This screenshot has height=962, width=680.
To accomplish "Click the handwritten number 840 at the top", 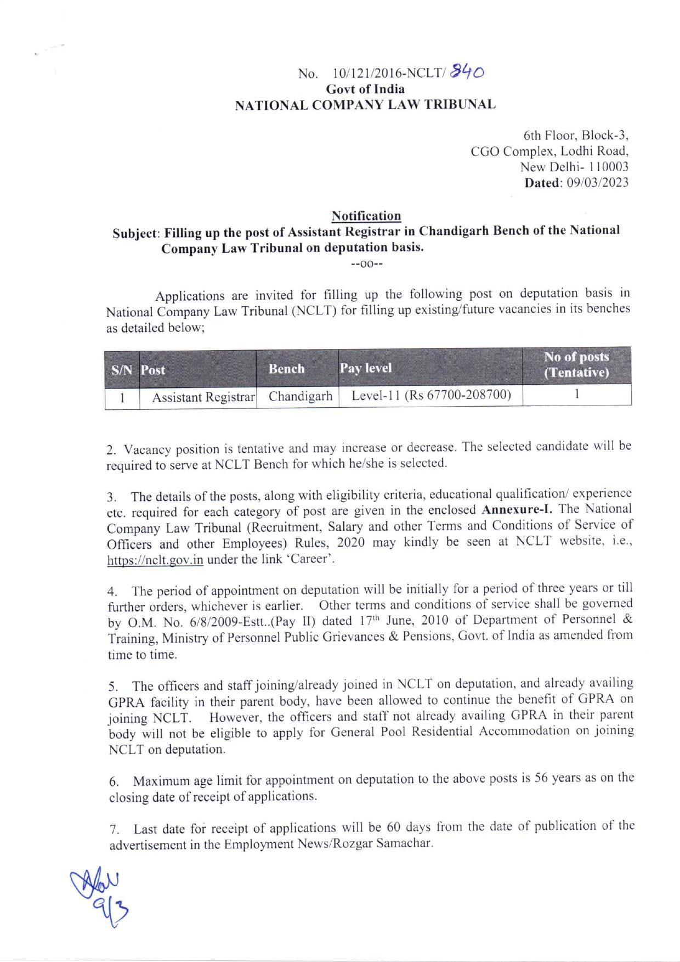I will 467,71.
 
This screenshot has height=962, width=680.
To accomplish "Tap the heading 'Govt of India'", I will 365,89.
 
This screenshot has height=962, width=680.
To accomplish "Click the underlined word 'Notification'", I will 366,216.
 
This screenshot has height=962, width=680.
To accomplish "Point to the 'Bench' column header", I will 286,369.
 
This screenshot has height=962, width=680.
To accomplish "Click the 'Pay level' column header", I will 366,368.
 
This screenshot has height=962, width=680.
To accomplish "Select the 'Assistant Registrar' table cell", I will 203,397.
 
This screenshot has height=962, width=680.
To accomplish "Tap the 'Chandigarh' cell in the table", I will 301,396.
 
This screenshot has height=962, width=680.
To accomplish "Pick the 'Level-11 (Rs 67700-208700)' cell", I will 431,395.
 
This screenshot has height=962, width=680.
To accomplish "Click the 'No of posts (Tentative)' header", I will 576,365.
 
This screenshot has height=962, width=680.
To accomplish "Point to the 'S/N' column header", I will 122,369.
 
